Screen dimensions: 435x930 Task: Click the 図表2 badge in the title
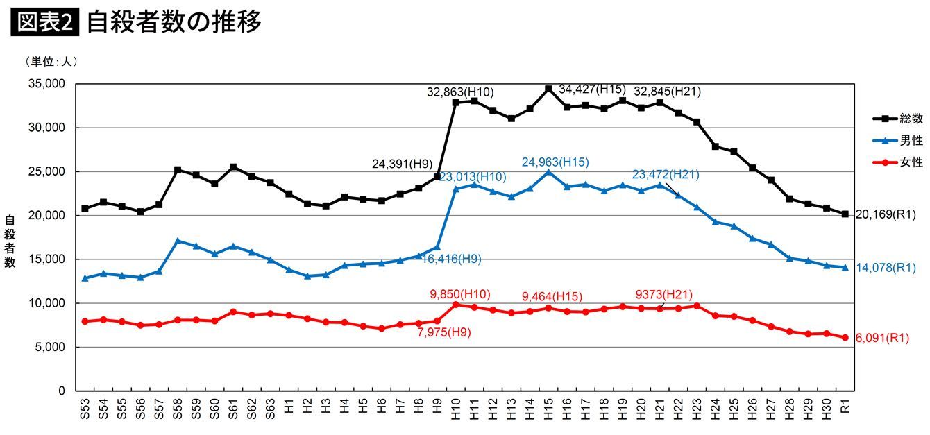pyautogui.click(x=45, y=22)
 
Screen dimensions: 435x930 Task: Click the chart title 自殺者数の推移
pyautogui.click(x=174, y=22)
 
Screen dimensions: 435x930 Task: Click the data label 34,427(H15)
pyautogui.click(x=591, y=89)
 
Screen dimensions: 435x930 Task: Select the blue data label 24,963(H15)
pyautogui.click(x=555, y=162)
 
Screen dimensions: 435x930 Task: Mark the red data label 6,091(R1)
pyautogui.click(x=883, y=339)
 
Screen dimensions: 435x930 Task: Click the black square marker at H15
pyautogui.click(x=548, y=89)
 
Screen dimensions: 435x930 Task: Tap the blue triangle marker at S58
pyautogui.click(x=178, y=241)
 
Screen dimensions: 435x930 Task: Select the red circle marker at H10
pyautogui.click(x=456, y=305)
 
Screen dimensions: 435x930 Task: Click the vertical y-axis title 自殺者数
pyautogui.click(x=10, y=241)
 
